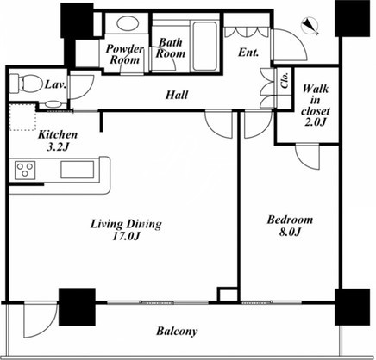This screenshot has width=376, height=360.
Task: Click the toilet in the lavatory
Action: [x=24, y=84]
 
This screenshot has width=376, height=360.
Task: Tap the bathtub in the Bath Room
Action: [x=204, y=46]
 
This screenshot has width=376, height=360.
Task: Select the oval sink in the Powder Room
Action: [x=127, y=23]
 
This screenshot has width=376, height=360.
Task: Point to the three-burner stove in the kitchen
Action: [x=26, y=171]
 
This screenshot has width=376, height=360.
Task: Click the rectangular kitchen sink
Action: [x=78, y=170]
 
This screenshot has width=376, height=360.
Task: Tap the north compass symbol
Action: [x=310, y=25]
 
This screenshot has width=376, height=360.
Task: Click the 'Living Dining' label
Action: [x=126, y=224]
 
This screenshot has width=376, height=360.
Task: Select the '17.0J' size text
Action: [x=126, y=237]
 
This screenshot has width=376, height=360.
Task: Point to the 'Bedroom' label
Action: [x=290, y=220]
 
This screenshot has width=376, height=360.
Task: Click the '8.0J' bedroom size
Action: [x=290, y=232]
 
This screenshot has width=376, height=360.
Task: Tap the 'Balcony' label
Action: [x=177, y=332]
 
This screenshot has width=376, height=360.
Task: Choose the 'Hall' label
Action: [x=177, y=95]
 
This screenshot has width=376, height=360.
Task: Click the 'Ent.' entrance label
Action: [x=248, y=53]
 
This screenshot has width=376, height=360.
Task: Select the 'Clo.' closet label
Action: [x=285, y=80]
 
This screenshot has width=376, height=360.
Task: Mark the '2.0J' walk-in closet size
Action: [x=316, y=122]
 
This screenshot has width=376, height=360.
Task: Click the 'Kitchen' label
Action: [x=58, y=134]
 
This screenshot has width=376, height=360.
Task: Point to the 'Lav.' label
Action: [x=56, y=84]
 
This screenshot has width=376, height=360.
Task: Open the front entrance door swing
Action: [x=289, y=45]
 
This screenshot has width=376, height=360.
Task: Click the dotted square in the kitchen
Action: [x=22, y=117]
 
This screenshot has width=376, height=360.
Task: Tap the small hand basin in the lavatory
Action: [x=53, y=104]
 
